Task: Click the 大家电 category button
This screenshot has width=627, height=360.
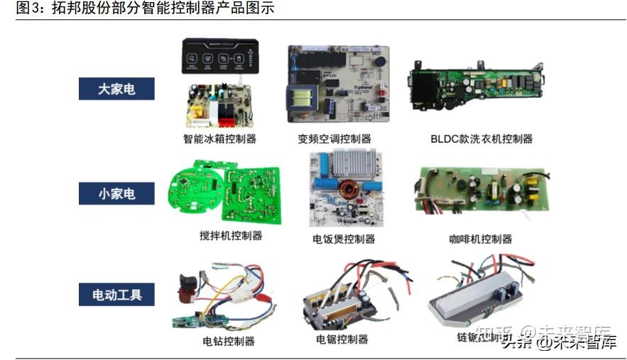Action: (116, 89)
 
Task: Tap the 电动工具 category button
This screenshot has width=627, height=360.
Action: (116, 294)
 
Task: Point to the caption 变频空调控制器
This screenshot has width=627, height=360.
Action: (334, 138)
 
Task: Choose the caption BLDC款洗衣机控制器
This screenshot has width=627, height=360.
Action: (481, 138)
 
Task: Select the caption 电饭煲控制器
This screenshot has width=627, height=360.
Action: (344, 239)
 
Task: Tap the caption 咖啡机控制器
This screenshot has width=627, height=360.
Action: (481, 239)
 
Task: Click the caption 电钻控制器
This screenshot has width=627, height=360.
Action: (229, 341)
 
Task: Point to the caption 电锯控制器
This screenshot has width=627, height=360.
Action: (342, 339)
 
